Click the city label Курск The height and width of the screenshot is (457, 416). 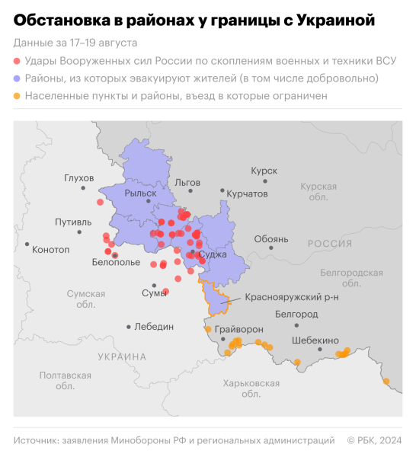pos(264,171)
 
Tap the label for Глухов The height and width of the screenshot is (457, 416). pos(78,178)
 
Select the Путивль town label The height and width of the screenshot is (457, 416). pos(74,222)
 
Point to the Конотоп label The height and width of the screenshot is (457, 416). pos(51,249)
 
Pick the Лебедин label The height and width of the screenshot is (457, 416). pos(154,326)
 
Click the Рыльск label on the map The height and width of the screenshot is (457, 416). pos(140,193)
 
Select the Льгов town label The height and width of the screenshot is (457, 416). pos(187,183)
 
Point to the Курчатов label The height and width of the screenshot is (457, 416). pos(248,194)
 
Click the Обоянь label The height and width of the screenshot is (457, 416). pos(271,239)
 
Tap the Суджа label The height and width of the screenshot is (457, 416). pos(213,254)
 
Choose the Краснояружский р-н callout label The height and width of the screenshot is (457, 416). pos(292,297)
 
